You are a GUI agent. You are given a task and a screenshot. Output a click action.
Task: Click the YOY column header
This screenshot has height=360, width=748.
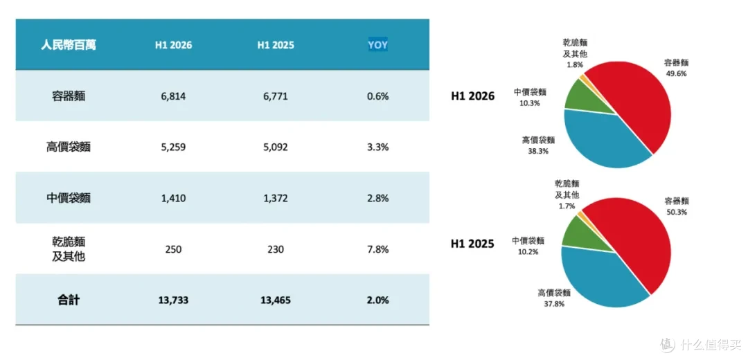click(x=378, y=45)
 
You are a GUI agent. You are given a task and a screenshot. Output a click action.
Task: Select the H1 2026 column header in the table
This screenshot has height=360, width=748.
click(x=173, y=45)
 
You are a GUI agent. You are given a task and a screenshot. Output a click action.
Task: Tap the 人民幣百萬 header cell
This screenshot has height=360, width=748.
click(x=67, y=45)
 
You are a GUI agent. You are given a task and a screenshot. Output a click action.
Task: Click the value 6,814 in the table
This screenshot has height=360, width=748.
click(x=173, y=96)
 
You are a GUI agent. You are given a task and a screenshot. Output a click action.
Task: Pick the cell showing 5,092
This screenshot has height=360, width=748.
click(x=276, y=147)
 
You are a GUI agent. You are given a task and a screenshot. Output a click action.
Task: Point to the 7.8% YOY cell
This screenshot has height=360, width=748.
click(x=378, y=249)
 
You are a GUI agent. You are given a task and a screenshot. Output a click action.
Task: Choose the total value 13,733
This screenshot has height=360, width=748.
click(x=173, y=300)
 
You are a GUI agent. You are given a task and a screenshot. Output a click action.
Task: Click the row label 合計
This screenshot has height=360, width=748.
click(x=67, y=300)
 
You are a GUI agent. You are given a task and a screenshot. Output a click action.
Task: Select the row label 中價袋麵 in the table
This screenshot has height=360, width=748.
click(x=67, y=199)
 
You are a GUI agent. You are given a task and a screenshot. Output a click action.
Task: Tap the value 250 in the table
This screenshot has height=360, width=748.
click(x=173, y=249)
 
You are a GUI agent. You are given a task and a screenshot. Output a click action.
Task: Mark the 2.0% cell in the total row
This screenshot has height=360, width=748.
click(x=378, y=300)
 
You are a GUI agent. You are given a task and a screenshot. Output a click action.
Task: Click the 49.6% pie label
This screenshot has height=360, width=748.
click(x=677, y=74)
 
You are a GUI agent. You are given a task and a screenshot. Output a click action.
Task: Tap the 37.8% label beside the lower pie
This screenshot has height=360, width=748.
click(x=554, y=304)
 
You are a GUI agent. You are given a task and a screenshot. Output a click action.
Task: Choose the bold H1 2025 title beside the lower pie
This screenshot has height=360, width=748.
click(x=472, y=244)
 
